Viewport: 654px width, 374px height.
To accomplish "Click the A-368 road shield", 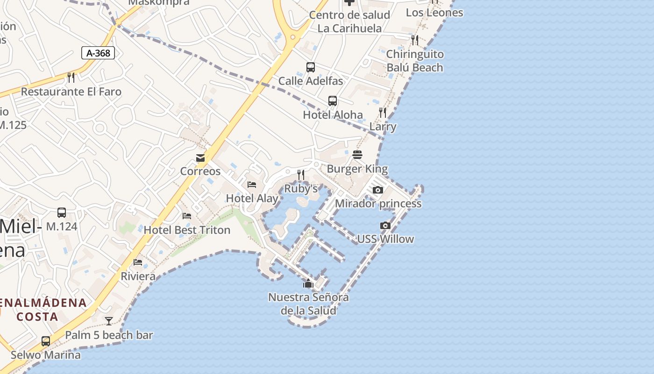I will point(98,53).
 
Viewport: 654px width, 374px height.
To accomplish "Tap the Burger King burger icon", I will point(357,155).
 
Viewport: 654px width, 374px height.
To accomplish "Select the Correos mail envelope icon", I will point(200,158).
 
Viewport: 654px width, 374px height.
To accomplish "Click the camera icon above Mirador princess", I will point(378,190).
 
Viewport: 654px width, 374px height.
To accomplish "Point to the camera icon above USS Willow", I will point(385,225).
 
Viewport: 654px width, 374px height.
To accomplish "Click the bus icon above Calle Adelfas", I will point(311,67).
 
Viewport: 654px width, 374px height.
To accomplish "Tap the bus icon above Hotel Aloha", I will point(333,101).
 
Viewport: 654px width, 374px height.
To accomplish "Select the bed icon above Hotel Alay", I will point(252,185).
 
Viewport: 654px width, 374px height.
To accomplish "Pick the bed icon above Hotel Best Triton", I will point(187,216).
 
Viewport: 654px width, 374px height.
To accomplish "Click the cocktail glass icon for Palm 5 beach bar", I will point(109,321).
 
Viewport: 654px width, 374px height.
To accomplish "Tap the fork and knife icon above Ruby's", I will point(301,175).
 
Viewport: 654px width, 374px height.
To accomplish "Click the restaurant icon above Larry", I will point(383,113).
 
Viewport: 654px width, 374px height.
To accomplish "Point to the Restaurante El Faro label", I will point(71,92).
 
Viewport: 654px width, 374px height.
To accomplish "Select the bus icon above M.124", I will point(62,213).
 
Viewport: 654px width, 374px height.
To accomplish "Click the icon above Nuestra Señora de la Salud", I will point(308,283).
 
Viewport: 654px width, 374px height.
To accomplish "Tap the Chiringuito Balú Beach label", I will point(415,61).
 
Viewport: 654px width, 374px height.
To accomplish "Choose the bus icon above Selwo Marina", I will point(46,341).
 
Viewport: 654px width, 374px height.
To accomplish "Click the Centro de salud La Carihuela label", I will point(349,22).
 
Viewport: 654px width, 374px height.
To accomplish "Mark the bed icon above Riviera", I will point(138,262).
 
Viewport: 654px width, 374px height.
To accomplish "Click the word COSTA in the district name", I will point(37,316).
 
